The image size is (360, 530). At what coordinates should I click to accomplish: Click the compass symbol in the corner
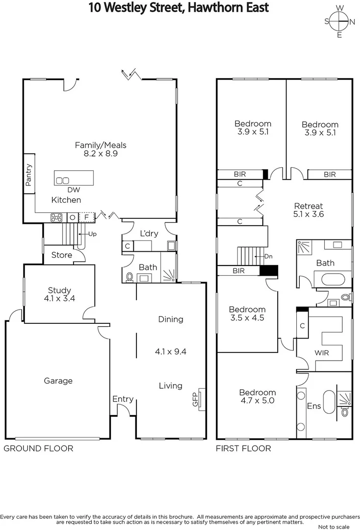(x=339, y=22)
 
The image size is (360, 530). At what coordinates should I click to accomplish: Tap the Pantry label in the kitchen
(x=28, y=175)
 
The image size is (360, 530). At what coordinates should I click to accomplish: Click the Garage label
(x=58, y=381)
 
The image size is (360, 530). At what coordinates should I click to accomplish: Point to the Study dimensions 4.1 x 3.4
(x=59, y=298)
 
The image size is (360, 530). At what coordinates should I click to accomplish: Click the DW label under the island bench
(x=74, y=190)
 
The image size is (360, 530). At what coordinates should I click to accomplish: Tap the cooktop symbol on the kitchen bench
(x=56, y=217)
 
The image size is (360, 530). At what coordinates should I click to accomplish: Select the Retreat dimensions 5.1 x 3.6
(x=308, y=214)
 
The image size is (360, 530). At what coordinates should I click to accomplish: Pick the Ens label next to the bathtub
(x=314, y=406)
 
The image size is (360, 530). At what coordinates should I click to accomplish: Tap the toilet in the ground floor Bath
(x=130, y=277)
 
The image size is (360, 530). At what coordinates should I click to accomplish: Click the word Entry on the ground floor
(x=123, y=399)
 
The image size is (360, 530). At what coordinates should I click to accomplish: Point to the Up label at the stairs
(x=91, y=234)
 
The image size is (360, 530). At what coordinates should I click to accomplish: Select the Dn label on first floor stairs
(x=268, y=256)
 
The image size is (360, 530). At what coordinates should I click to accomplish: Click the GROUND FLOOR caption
(x=38, y=448)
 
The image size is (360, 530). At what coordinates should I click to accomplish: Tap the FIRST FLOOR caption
(x=243, y=448)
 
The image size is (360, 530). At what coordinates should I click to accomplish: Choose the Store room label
(x=61, y=255)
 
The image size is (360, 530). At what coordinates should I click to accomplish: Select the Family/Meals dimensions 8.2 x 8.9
(x=100, y=153)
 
